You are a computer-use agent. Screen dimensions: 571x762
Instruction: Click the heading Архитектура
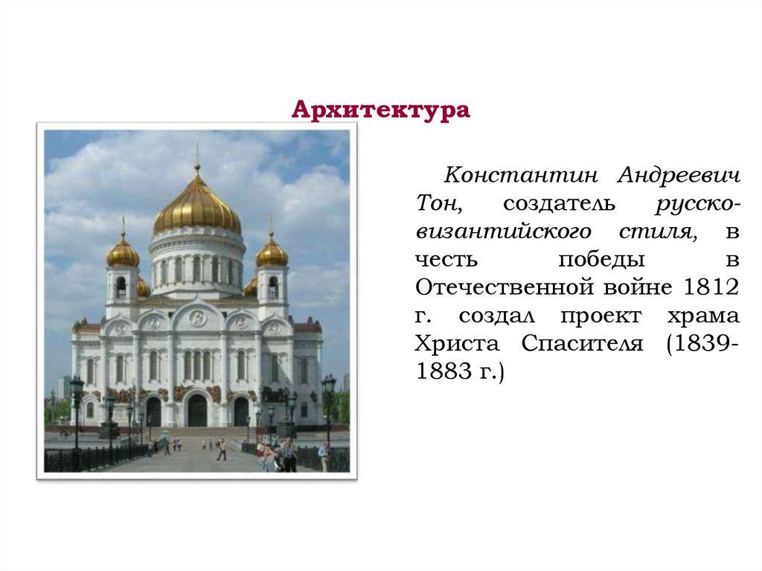tap(380, 110)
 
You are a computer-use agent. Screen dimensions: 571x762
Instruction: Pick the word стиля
tap(663, 231)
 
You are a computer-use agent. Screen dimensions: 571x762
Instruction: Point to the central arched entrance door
tap(197, 410)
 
